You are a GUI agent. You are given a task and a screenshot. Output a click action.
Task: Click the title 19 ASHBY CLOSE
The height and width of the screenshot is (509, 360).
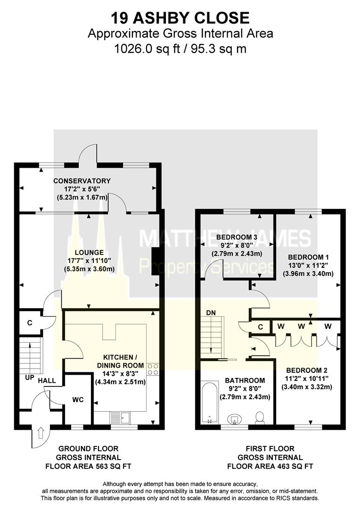(180, 18)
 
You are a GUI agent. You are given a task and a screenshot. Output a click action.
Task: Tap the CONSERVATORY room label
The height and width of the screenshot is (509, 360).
(82, 181)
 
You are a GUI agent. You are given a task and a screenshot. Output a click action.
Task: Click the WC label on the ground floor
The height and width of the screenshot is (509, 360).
(78, 400)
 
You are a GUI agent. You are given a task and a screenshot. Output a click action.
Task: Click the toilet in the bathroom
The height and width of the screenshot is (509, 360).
(259, 417)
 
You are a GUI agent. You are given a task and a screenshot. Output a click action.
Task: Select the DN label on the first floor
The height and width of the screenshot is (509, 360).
(211, 312)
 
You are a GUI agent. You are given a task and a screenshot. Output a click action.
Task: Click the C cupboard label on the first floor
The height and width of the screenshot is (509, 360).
(261, 326)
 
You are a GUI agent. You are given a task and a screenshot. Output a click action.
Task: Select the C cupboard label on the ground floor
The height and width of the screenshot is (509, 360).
(29, 323)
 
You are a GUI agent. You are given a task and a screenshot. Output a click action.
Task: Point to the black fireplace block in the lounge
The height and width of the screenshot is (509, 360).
(155, 262)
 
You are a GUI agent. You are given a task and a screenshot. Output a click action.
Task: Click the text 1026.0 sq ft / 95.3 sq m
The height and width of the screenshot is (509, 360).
(180, 48)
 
